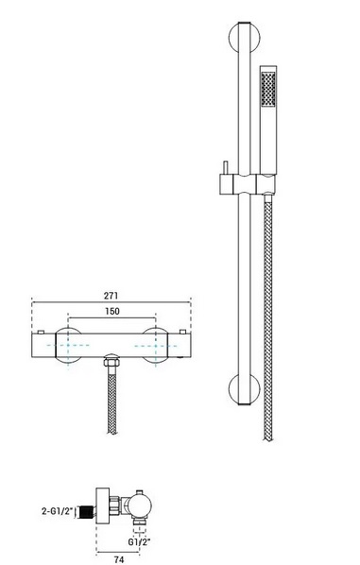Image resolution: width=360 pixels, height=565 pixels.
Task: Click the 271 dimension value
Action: click(111, 296)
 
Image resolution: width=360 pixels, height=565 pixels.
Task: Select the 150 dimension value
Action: click(112, 311)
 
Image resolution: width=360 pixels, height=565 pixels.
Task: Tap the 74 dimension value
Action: click(119, 559)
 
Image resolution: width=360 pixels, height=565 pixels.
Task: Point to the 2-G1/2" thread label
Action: click(58, 510)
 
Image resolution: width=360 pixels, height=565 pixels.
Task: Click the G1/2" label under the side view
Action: click(139, 541)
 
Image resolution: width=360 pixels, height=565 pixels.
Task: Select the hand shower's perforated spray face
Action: click(268, 89)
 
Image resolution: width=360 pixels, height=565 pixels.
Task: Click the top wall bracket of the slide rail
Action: click(245, 38)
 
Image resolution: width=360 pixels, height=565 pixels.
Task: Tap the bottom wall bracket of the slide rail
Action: click(245, 390)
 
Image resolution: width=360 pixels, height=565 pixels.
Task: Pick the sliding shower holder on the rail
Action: click(248, 184)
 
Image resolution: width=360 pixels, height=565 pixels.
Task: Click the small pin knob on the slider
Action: click(226, 168)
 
